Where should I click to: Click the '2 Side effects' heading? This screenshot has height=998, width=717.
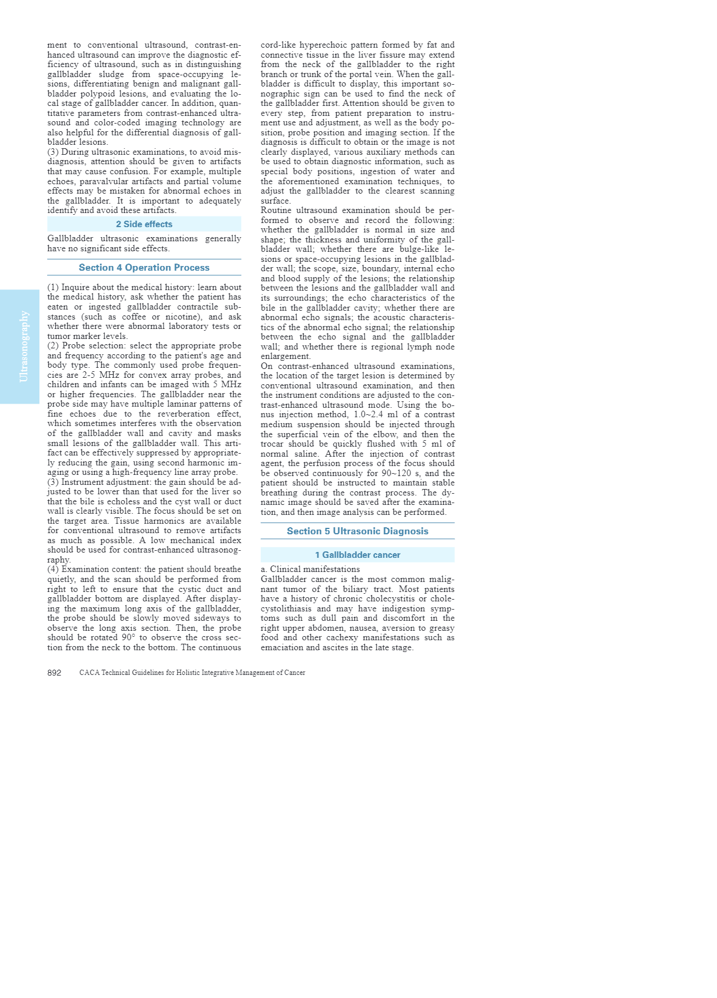(144, 224)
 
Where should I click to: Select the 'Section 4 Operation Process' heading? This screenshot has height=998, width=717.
(144, 268)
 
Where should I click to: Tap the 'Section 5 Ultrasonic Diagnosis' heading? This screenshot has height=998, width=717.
(357, 531)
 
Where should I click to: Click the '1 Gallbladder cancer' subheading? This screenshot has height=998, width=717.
(357, 555)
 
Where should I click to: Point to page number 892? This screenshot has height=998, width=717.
(54, 673)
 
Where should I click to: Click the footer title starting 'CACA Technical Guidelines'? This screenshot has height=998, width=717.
(192, 673)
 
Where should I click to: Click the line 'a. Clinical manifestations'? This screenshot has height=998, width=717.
(310, 570)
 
